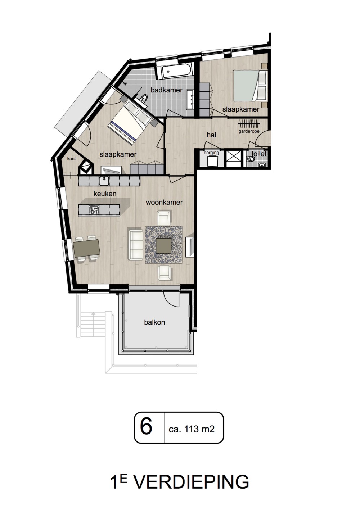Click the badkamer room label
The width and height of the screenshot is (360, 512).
[166, 90]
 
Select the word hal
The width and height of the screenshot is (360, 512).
[211, 135]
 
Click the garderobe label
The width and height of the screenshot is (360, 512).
[249, 132]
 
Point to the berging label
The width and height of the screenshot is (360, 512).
[211, 153]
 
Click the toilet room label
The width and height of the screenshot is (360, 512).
[259, 154]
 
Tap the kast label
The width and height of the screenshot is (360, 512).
[71, 158]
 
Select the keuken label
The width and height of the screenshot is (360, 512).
[105, 194]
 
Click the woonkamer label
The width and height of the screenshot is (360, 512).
[164, 202]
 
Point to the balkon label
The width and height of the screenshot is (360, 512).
[154, 322]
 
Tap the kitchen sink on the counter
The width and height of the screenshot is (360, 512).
[104, 181]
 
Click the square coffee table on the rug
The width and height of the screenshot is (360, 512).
[164, 245]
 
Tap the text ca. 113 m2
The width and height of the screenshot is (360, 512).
[192, 429]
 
